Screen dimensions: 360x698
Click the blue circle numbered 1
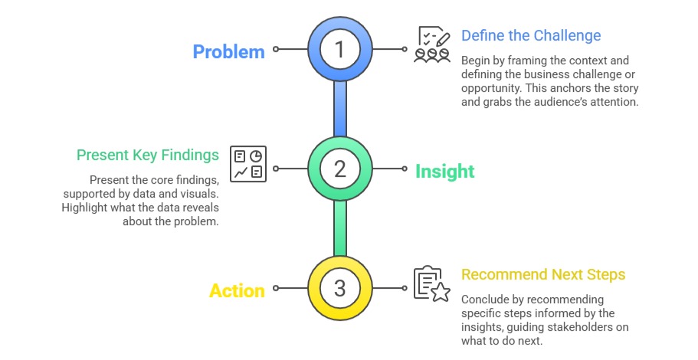tap(340, 48)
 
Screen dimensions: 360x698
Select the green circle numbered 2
tap(340, 168)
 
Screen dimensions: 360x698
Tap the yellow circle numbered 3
tap(340, 288)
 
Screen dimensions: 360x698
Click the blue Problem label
tap(228, 52)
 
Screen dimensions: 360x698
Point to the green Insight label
tap(444, 172)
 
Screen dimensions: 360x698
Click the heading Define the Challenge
tap(530, 36)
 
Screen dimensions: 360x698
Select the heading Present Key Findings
tap(147, 155)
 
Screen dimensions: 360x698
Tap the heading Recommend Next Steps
tap(542, 275)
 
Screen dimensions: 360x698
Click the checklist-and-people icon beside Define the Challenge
tap(431, 45)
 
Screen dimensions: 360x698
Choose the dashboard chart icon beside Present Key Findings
tap(248, 164)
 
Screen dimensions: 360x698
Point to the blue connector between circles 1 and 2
tap(340, 108)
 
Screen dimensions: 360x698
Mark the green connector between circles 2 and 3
tap(340, 228)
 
